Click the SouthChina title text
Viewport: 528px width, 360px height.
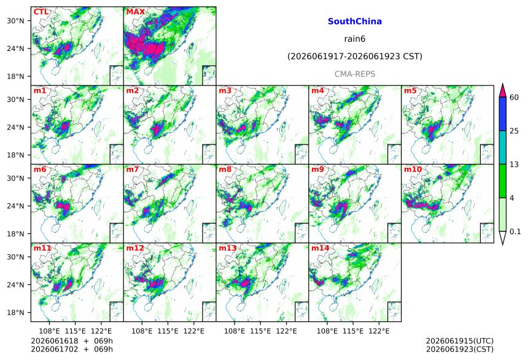[x=355, y=22]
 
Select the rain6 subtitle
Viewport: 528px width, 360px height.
[x=355, y=39]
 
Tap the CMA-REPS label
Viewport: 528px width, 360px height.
[x=355, y=74]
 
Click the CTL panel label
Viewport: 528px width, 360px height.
[x=41, y=12]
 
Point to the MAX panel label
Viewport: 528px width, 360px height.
[x=135, y=12]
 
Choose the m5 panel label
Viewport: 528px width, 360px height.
[x=410, y=91]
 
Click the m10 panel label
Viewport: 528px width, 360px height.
[x=413, y=169]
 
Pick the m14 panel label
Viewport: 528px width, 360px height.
[x=320, y=248]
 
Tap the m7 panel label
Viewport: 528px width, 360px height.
[x=133, y=169]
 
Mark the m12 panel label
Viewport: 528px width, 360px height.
[x=135, y=248]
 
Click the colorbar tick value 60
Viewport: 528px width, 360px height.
[x=514, y=98]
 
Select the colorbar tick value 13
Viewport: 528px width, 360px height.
[x=514, y=165]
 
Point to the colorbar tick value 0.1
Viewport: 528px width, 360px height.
[x=515, y=232]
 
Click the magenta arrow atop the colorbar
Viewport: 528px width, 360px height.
[x=502, y=90]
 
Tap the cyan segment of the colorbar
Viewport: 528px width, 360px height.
[x=502, y=147]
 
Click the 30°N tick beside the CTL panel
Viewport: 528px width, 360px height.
[x=15, y=21]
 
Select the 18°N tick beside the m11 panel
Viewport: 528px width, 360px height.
[x=15, y=313]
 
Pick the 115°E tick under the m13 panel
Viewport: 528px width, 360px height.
[x=260, y=331]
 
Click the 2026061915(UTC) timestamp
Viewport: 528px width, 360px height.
[x=460, y=341]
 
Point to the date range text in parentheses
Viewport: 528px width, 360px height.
[x=355, y=57]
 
